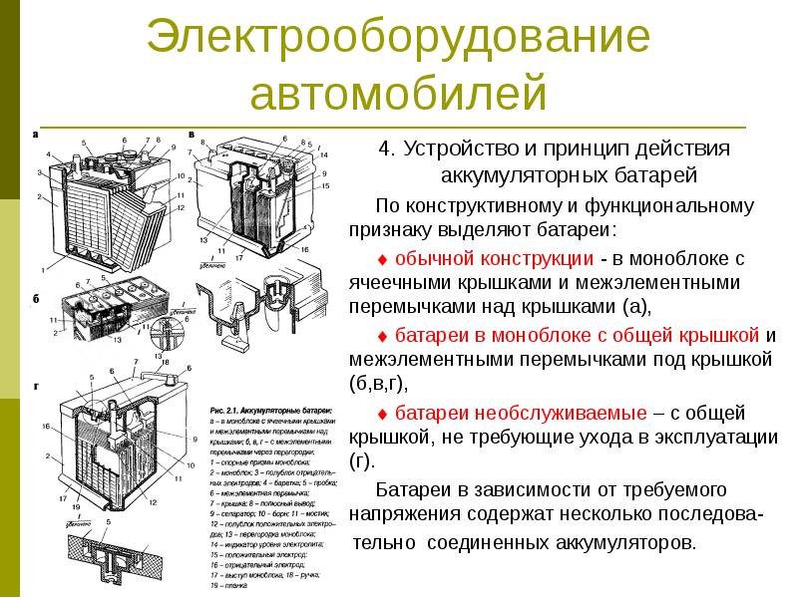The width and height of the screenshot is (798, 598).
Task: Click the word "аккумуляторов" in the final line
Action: [x=625, y=545]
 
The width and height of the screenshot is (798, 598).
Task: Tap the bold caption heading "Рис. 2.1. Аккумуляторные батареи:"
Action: [x=274, y=410]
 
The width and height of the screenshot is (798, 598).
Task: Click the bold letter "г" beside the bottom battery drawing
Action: [x=36, y=384]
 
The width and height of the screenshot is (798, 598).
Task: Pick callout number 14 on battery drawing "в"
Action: [x=324, y=156]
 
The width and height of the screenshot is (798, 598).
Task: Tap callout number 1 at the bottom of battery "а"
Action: [x=43, y=271]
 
